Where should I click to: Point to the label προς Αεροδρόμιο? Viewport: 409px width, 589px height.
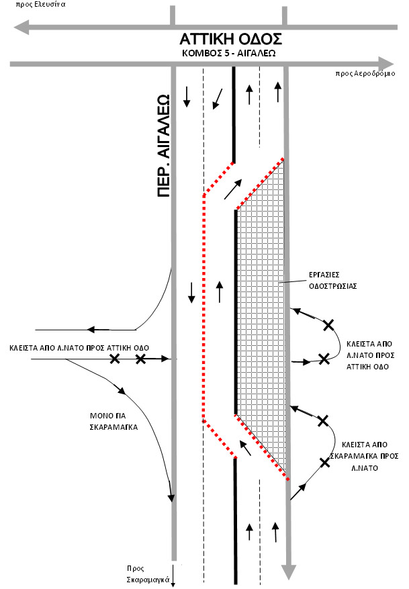366,75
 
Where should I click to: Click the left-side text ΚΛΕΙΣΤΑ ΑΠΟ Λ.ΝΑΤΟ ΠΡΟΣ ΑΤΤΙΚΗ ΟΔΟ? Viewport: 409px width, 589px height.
79,348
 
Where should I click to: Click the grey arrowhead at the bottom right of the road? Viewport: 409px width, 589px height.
289,572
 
